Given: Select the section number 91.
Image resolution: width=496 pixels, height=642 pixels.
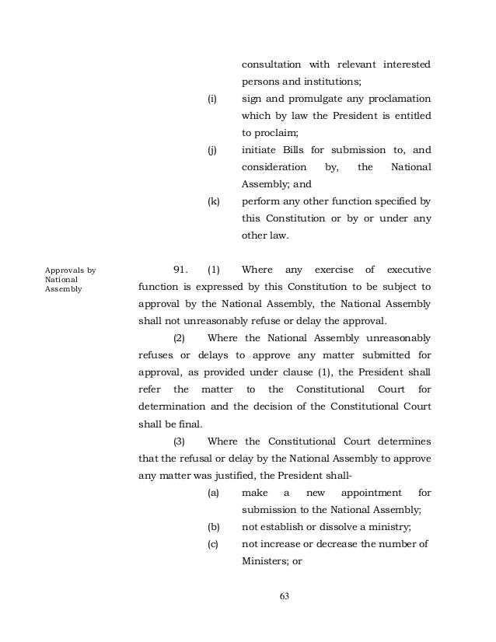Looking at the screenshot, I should pos(181,270).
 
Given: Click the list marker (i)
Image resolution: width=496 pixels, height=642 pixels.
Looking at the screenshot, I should pos(211,99).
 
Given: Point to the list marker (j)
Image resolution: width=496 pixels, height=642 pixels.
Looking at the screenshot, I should pos(211,150).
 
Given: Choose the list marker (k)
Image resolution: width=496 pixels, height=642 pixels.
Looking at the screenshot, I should pos(212,201).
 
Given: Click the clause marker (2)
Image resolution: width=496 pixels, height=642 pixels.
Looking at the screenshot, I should pos(179,338).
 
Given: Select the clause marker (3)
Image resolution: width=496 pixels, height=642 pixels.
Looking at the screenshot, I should pos(179,441).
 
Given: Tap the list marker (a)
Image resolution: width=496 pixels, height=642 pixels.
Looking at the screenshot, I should pos(212,493).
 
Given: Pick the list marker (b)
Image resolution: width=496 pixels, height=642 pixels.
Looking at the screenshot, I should pos(212,526).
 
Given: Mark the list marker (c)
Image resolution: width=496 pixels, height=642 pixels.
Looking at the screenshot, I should pos(212,544).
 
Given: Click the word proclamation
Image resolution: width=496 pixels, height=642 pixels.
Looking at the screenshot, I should pos(388,99).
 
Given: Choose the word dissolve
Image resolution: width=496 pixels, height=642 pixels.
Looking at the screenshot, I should pos(345,526).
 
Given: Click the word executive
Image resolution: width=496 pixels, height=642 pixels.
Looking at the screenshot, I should pos(403,270).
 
